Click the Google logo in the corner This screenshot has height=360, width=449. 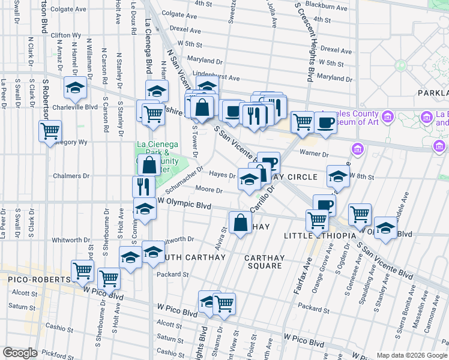(x=20, y=352)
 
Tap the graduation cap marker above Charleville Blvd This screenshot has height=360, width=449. (x=76, y=88)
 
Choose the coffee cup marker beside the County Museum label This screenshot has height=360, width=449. (x=325, y=122)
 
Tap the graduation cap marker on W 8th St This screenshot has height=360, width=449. (x=338, y=175)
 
